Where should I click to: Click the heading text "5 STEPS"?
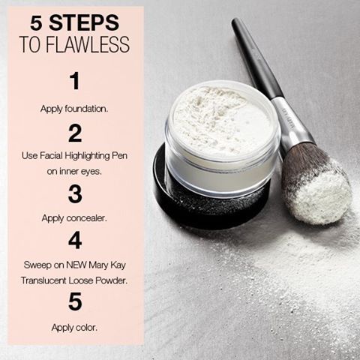(x=74, y=22)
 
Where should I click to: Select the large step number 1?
(x=74, y=81)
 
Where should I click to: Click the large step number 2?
(x=74, y=133)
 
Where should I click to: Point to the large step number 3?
(x=74, y=193)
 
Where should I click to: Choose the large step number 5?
(x=74, y=301)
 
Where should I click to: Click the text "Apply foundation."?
(x=74, y=108)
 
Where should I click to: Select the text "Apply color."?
(x=74, y=327)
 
